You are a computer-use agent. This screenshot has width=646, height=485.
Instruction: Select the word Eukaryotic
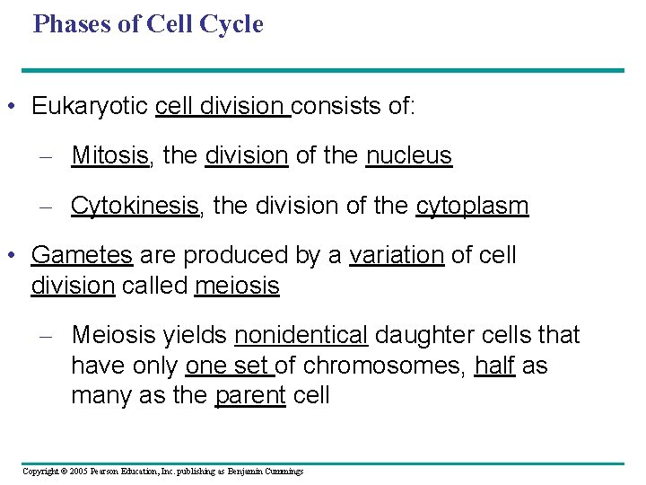coord(90,107)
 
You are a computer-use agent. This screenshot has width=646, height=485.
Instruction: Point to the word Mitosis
coord(110,155)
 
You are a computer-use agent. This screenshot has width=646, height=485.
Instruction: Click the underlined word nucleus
coord(408,155)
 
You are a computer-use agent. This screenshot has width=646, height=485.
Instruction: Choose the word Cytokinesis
coord(135,206)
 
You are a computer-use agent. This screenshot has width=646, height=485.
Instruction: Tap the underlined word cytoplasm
coord(472,207)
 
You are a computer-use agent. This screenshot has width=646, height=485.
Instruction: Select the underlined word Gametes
coord(82,255)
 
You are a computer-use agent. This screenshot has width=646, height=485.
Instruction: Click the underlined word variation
coord(396,255)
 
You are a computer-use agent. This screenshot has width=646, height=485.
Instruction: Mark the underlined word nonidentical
coord(301,335)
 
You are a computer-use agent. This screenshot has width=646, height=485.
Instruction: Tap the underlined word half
coord(493,366)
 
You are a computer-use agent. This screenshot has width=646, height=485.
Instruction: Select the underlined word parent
coord(249,395)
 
